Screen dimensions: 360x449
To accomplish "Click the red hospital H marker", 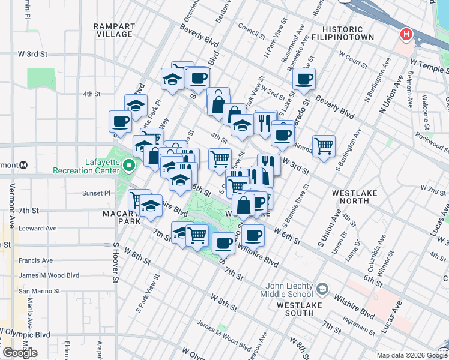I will pyautogui.click(x=406, y=34).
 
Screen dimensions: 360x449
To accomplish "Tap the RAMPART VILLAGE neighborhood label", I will pyautogui.click(x=113, y=30).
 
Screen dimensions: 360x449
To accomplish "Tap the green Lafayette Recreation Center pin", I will pyautogui.click(x=128, y=166).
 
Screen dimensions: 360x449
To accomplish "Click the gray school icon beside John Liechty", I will pyautogui.click(x=322, y=290).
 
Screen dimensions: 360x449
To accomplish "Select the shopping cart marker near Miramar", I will pyautogui.click(x=324, y=146).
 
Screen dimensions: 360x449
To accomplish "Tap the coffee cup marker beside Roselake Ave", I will pyautogui.click(x=304, y=79).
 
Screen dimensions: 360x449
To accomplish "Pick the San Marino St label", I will pyautogui.click(x=39, y=290).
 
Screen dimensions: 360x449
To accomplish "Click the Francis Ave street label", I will pyautogui.click(x=35, y=260).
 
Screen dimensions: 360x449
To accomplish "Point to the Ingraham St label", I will pyautogui.click(x=360, y=330).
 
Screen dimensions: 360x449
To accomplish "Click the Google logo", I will pyautogui.click(x=19, y=352).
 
